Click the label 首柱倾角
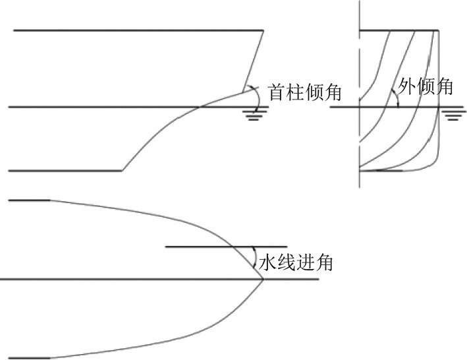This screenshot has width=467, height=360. [x=305, y=92]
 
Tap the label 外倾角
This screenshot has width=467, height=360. [x=426, y=87]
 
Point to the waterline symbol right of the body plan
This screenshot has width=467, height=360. [x=451, y=115]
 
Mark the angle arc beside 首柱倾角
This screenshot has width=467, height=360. [x=255, y=96]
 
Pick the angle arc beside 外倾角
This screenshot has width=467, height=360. [x=395, y=98]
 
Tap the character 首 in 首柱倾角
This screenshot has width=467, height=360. [x=277, y=92]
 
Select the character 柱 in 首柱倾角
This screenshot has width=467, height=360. [x=296, y=92]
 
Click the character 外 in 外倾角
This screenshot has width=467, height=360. [x=408, y=87]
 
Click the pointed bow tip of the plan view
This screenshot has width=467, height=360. [x=263, y=280]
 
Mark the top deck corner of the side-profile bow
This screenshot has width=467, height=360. [x=263, y=30]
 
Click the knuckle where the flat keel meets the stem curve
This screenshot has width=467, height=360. [x=122, y=171]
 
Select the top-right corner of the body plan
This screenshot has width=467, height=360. [x=439, y=30]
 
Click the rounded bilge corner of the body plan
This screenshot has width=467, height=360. [x=432, y=164]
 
